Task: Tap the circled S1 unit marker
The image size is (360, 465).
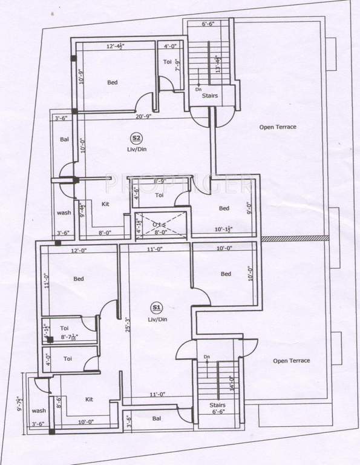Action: point(157,306)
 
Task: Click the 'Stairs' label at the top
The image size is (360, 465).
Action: point(210,96)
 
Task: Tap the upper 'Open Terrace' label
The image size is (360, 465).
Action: point(278,127)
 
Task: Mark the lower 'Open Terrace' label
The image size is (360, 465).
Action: point(291,361)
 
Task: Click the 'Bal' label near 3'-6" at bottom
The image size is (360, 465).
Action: point(157,418)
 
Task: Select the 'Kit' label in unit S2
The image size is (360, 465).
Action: point(105,204)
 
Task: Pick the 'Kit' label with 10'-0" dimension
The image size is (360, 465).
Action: point(89,400)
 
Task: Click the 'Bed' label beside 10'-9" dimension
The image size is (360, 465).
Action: point(113,82)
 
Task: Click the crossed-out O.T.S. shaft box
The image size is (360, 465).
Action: point(159,223)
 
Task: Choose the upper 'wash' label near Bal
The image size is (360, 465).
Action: point(64,213)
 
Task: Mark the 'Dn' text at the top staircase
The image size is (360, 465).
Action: point(198,89)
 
